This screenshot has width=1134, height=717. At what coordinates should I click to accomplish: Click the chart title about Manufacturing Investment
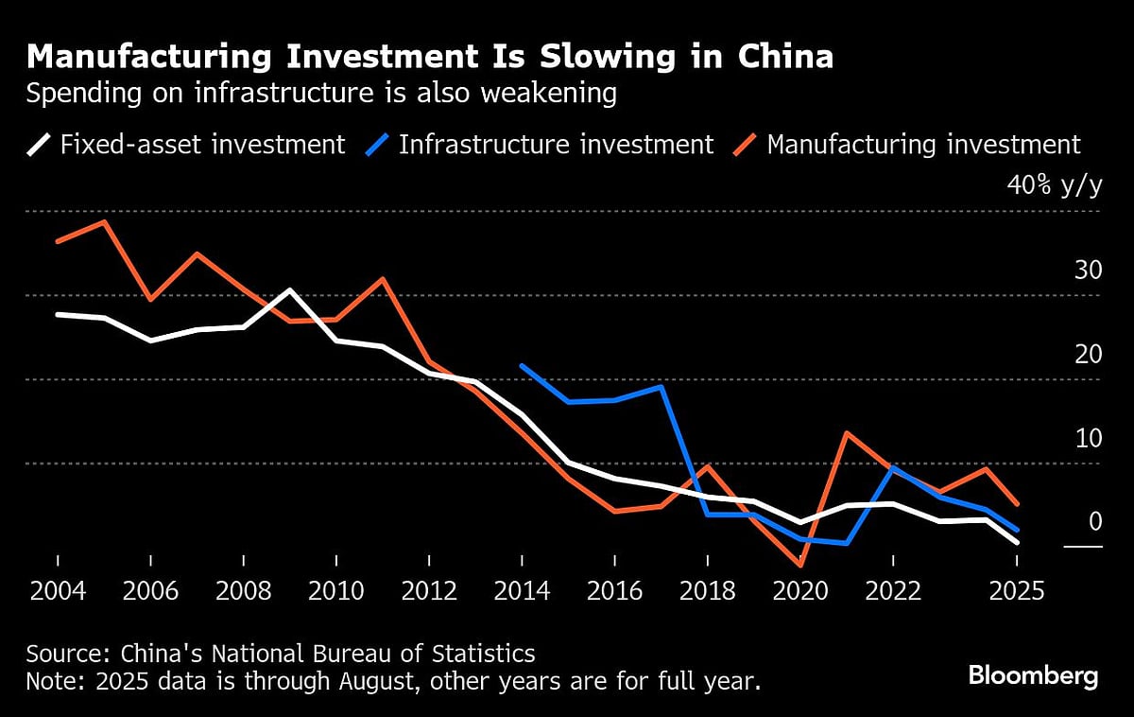coord(430,57)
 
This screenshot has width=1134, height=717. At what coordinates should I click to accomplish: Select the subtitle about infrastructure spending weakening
coord(321,94)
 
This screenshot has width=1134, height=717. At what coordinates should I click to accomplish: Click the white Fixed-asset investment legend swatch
coord(39,146)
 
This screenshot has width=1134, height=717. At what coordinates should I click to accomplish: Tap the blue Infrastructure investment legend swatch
coord(377,146)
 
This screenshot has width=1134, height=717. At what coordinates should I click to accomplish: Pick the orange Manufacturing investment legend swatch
coord(746,146)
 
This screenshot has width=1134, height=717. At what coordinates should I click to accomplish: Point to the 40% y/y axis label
coord(1055,185)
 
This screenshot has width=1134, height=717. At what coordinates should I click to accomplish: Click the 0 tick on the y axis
coord(1095,522)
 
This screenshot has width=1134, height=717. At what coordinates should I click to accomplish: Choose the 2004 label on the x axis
coord(59,592)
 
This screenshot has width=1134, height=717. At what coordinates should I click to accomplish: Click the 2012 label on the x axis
coord(430,592)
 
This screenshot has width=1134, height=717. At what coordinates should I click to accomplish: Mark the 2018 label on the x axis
coord(709,592)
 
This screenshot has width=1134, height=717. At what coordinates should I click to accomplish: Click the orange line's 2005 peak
coord(104,222)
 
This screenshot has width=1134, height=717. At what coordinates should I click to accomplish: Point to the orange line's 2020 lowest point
coord(801,566)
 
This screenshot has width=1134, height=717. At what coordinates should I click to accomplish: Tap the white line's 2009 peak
coord(290,289)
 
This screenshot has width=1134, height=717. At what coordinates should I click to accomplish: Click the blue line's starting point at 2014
coord(522,366)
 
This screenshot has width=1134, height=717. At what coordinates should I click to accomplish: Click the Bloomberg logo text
coord(1033,676)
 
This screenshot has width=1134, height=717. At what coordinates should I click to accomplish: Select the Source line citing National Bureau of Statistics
coord(281,654)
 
